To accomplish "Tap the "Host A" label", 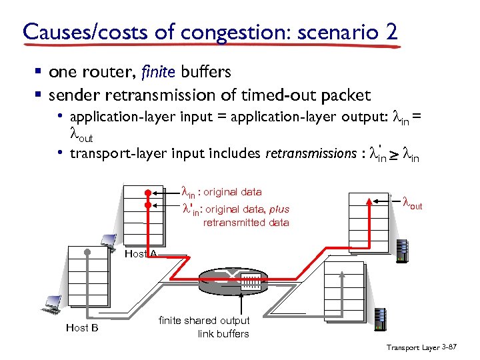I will (141, 253).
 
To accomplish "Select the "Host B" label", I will (82, 327).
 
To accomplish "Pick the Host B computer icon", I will (49, 303).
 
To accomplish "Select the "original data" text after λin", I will (233, 192).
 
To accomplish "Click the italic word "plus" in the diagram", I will (279, 209).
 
